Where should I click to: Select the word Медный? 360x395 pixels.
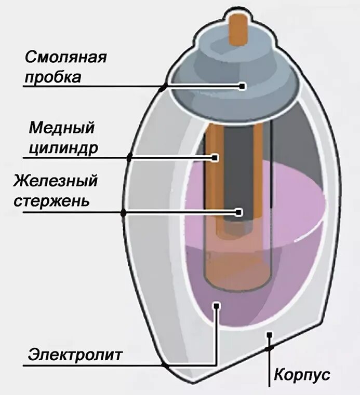tap(62, 127)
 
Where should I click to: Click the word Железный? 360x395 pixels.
tap(56, 181)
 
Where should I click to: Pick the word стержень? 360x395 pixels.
tap(51, 201)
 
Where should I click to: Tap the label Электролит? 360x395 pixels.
tap(75, 356)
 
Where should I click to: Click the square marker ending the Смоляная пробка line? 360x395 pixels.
tap(242, 86)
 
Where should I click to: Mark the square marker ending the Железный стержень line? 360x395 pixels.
tap(239, 212)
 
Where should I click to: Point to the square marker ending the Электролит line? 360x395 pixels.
tap(217, 306)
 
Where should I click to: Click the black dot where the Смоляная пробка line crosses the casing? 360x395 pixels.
tap(164, 87)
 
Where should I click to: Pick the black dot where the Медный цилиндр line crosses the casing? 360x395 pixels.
tap(130, 157)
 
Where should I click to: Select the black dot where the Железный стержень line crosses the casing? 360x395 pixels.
tap(124, 212)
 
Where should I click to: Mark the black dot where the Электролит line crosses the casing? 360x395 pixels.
tap(165, 365)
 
